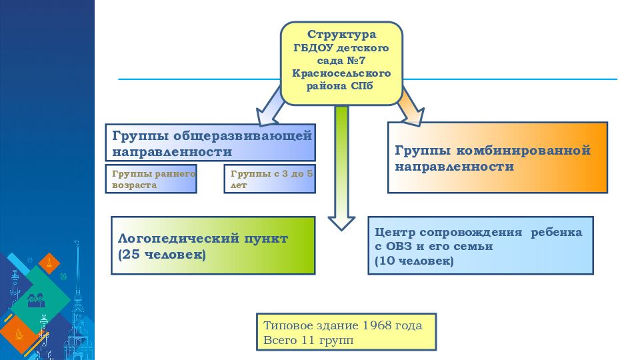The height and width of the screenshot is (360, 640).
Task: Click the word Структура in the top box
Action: click(341, 35)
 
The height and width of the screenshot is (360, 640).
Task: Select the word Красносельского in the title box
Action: click(341, 73)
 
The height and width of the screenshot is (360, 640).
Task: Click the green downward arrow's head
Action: click(341, 223)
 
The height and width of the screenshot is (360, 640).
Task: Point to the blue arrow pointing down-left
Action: click(270, 109)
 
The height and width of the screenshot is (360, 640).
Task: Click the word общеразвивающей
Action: click(243, 135)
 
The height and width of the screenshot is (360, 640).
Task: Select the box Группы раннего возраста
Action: click(151, 179)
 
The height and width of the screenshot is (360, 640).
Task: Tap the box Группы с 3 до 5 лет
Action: click(270, 179)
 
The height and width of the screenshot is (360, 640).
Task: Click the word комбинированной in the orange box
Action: click(523, 150)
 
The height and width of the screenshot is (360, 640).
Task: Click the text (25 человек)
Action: click(161, 255)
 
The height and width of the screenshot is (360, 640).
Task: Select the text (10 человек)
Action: click(414, 261)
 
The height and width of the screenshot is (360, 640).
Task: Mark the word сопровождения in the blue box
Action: click(471, 233)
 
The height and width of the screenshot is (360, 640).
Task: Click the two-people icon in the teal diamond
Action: click(36, 301)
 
